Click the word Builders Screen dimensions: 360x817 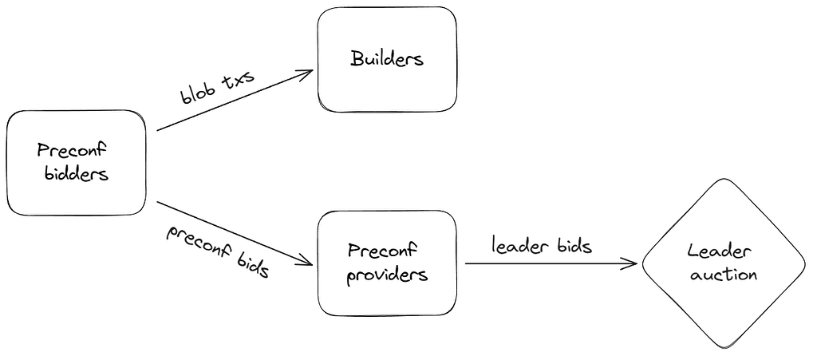click(x=387, y=58)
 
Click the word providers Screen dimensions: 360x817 click(x=389, y=275)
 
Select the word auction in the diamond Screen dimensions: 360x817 click(x=724, y=275)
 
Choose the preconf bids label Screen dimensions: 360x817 click(x=217, y=251)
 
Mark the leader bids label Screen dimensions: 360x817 click(x=542, y=246)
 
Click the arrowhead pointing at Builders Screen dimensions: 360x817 click(x=306, y=73)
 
